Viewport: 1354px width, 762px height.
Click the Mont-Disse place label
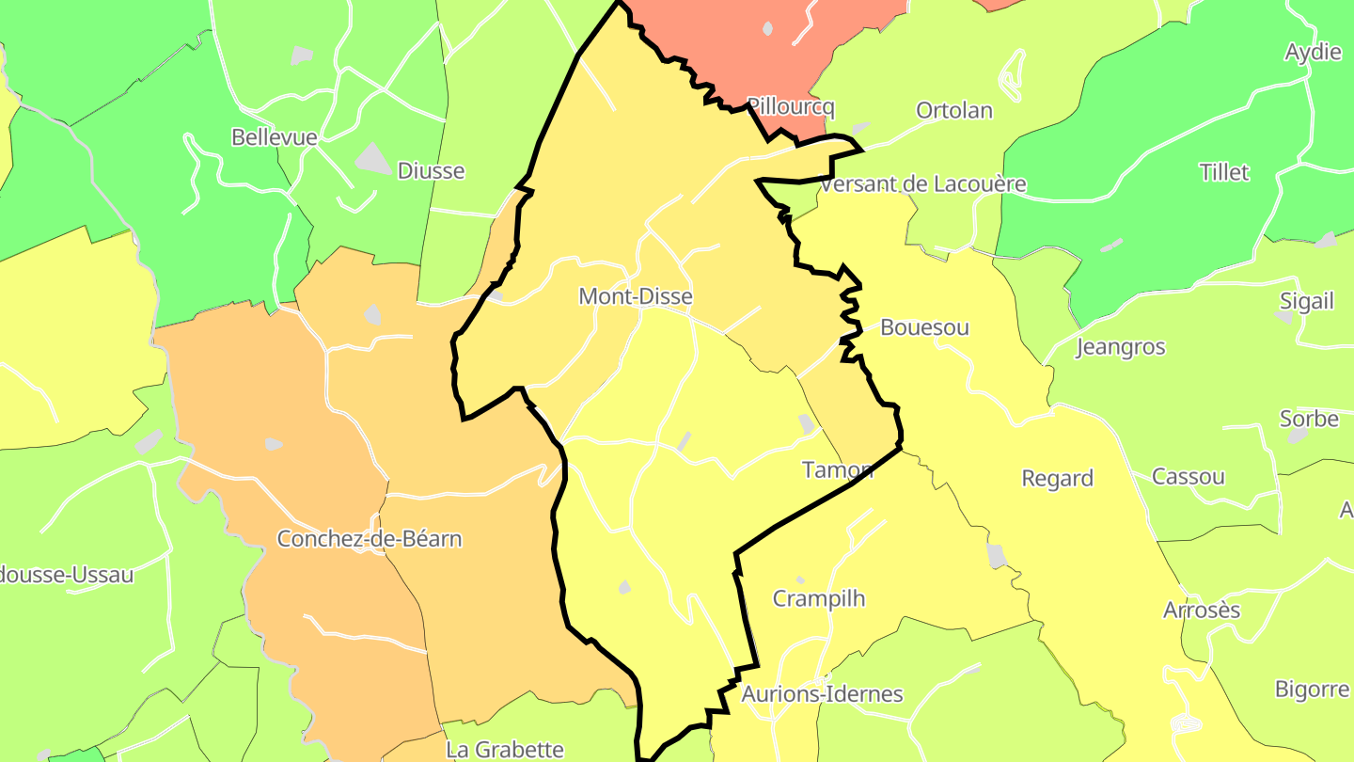(x=635, y=296)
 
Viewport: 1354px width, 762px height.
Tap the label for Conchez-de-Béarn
(x=370, y=539)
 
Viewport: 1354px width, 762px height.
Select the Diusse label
(x=431, y=170)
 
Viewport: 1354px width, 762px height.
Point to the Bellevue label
(x=274, y=137)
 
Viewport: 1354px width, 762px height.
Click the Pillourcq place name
(x=791, y=105)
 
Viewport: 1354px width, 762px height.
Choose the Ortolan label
(x=954, y=110)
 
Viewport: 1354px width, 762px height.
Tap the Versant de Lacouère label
(x=922, y=183)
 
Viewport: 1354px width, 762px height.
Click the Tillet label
(x=1224, y=172)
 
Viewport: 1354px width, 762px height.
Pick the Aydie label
(x=1313, y=52)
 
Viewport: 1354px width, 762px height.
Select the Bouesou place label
(x=924, y=327)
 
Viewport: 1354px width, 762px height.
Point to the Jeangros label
(x=1120, y=347)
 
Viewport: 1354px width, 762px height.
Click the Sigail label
(x=1307, y=301)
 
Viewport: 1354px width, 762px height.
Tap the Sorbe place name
(x=1309, y=419)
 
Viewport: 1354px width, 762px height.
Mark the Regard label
(x=1058, y=478)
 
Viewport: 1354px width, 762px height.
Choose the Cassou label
(x=1189, y=476)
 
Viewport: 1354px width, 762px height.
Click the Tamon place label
(x=837, y=469)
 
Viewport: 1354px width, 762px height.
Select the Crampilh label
(x=818, y=598)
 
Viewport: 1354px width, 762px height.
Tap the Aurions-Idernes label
(x=822, y=694)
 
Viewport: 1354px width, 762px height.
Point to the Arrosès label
(x=1202, y=610)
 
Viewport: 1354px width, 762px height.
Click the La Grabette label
(x=504, y=750)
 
